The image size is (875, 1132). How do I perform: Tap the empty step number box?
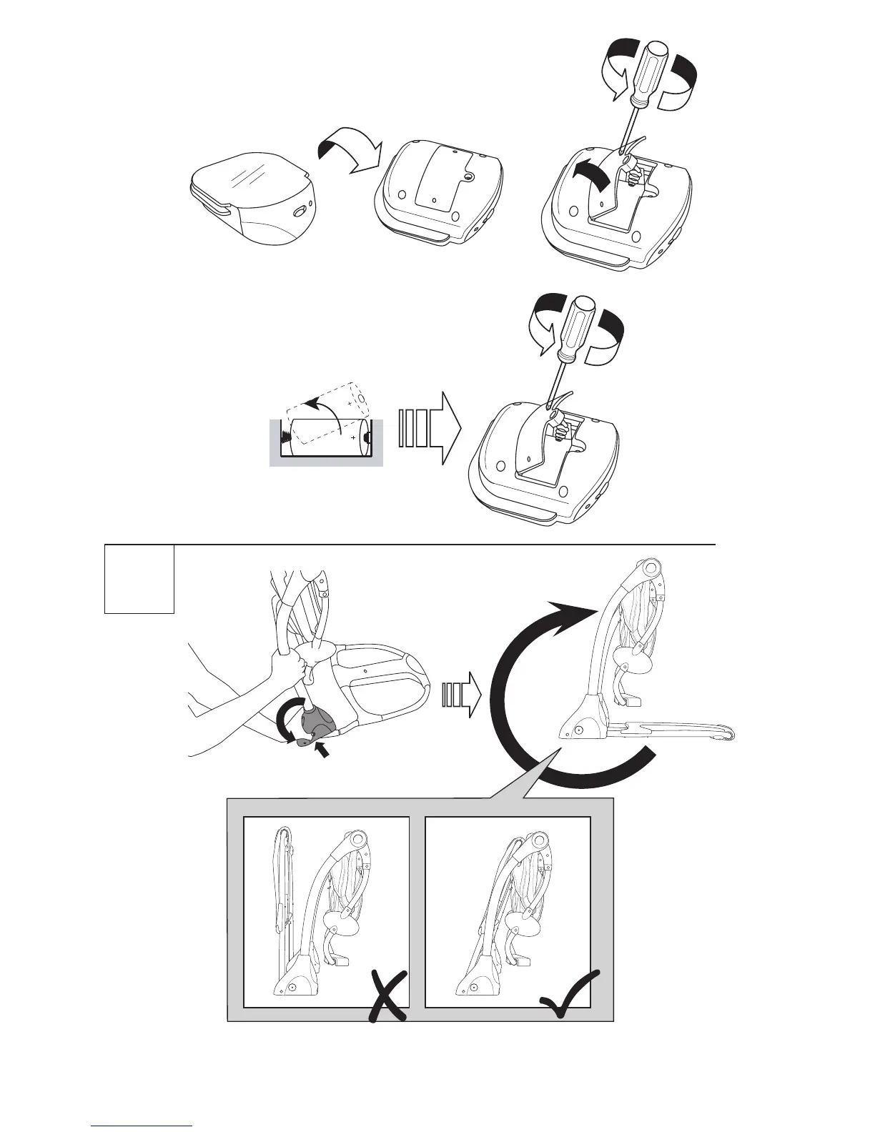pos(139,578)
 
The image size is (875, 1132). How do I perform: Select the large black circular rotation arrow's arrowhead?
pos(572,610)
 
